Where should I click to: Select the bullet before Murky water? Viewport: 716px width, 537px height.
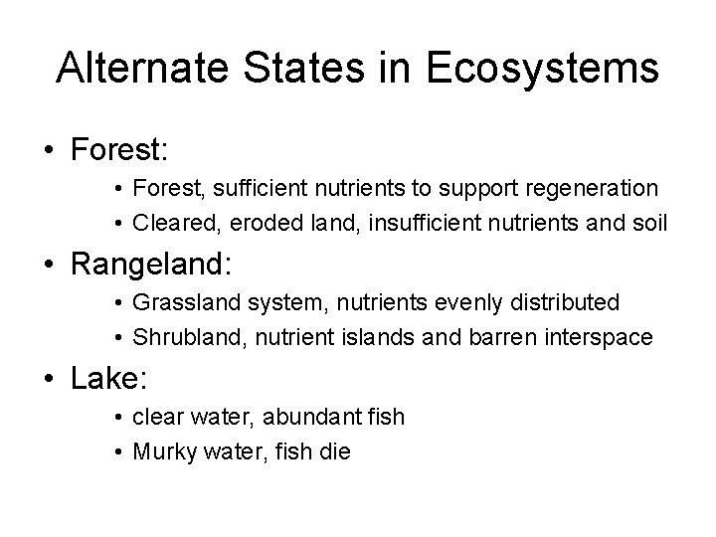pyautogui.click(x=117, y=449)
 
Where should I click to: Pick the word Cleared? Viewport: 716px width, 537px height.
pyautogui.click(x=169, y=222)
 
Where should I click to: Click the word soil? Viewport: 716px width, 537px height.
pyautogui.click(x=649, y=222)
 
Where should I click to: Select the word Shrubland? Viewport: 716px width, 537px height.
pyautogui.click(x=183, y=336)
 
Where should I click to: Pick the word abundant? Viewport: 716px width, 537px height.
pyautogui.click(x=308, y=416)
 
